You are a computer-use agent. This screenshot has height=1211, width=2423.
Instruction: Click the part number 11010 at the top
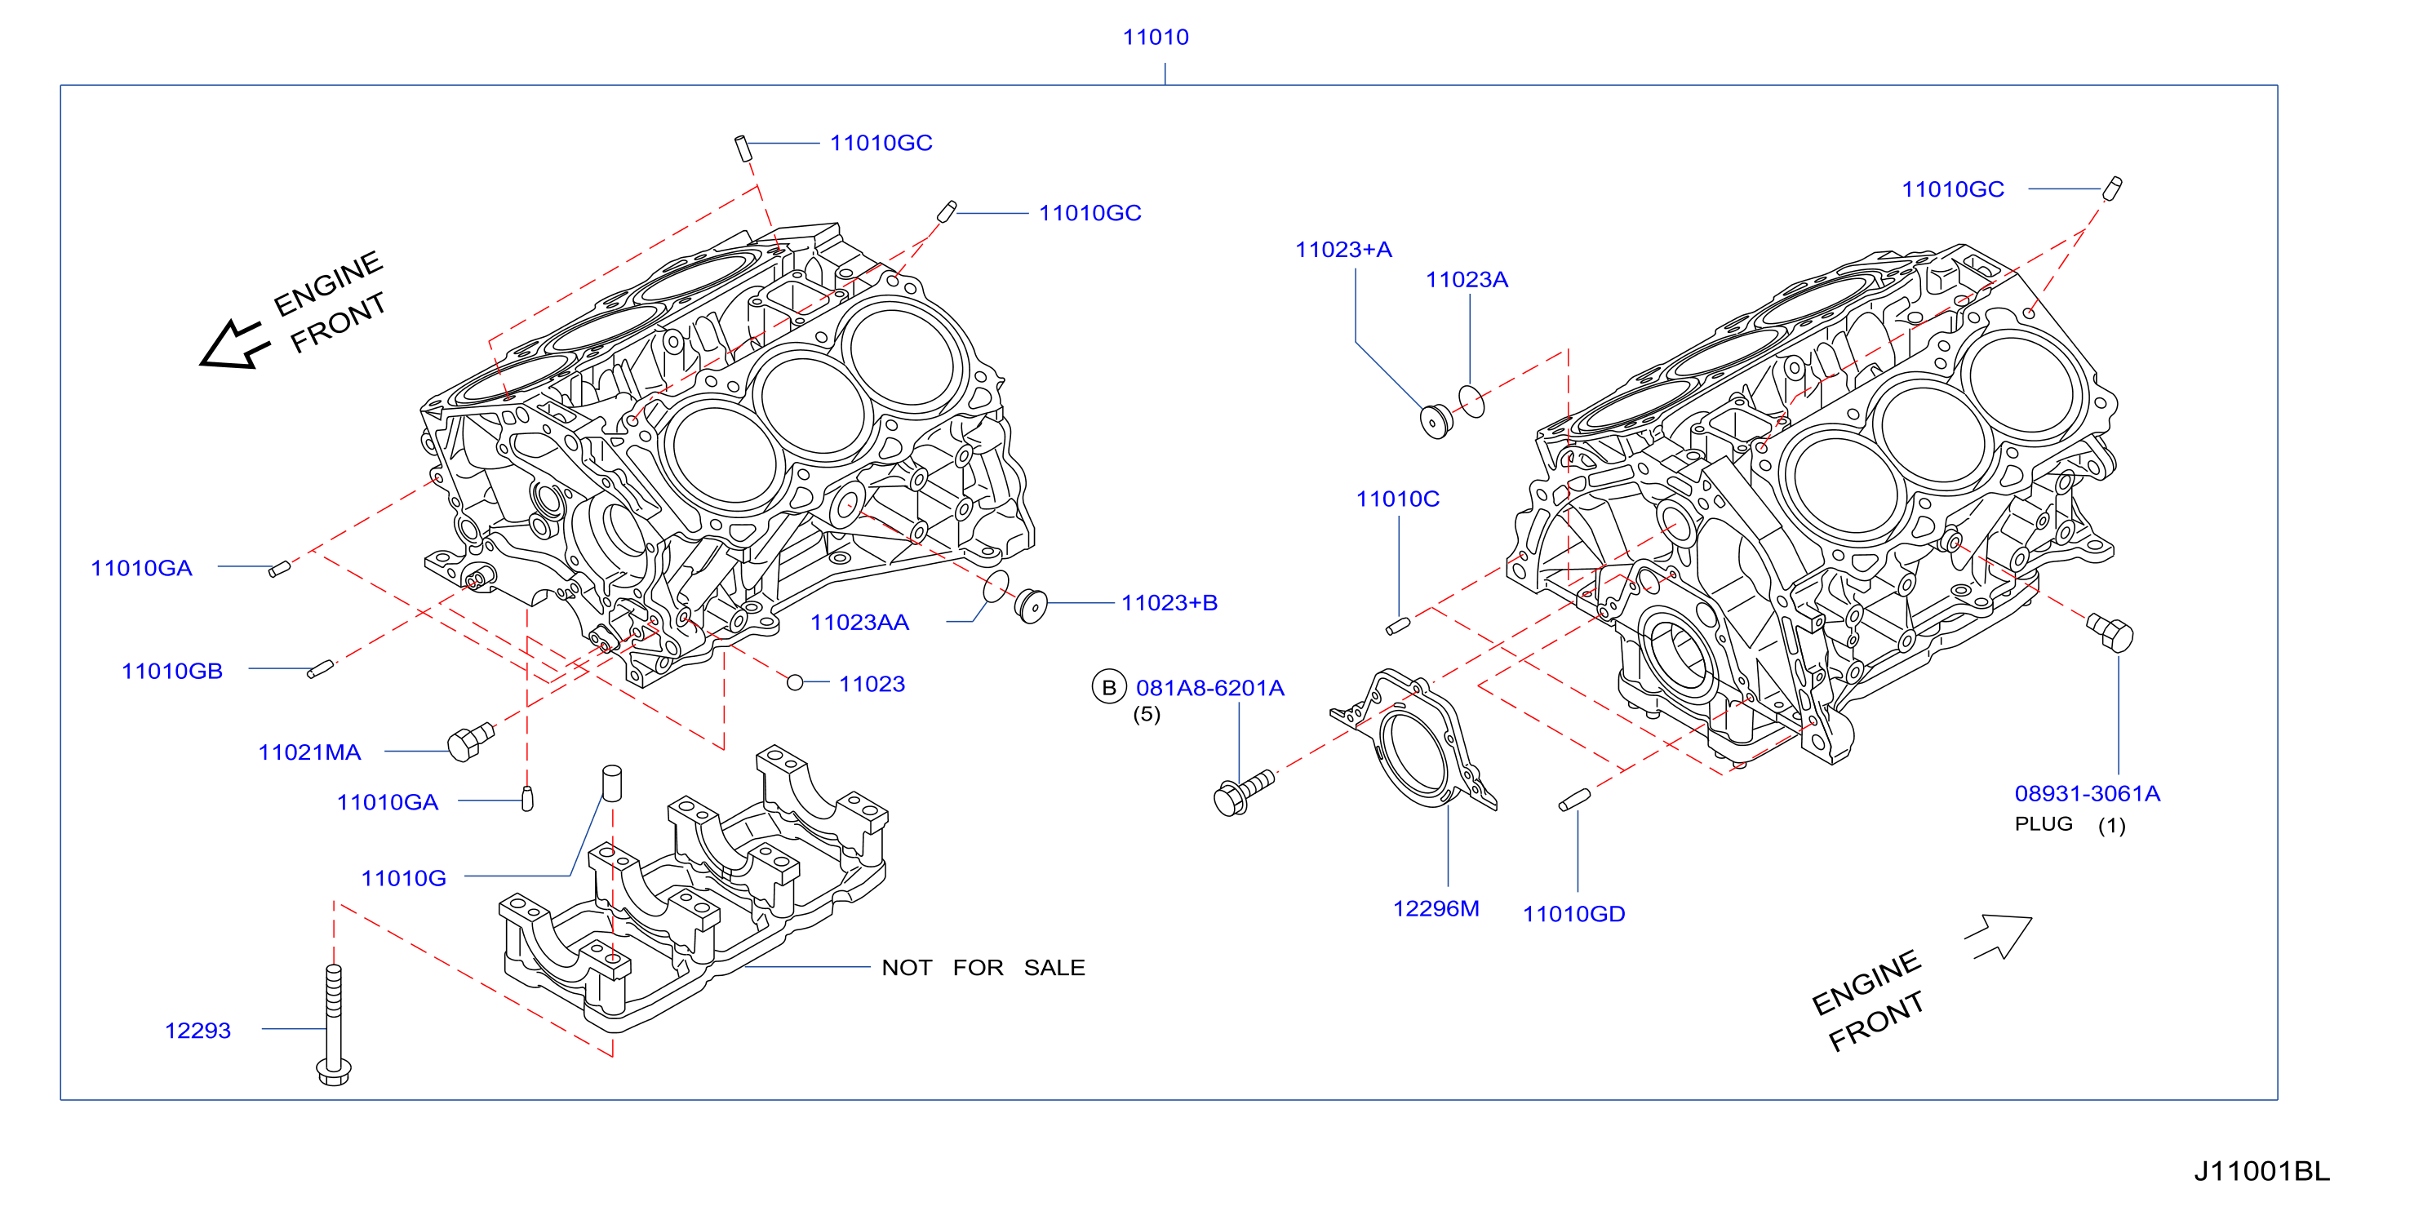[1155, 38]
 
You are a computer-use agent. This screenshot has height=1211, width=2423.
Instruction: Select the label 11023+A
[1343, 250]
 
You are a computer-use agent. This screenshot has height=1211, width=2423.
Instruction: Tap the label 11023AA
[859, 623]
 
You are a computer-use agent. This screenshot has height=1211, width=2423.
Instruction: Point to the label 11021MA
[309, 752]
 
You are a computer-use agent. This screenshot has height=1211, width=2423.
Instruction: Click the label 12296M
[1436, 908]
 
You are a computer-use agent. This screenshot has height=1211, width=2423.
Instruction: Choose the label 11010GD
[1573, 914]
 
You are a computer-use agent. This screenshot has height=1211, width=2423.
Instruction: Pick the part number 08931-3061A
[2088, 793]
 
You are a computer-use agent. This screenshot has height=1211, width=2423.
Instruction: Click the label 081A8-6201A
[1209, 688]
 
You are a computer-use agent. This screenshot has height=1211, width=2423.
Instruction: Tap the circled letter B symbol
[1109, 687]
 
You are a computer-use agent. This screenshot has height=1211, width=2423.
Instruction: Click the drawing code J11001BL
[2262, 1172]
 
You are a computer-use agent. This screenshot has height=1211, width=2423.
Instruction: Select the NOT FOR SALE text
[983, 968]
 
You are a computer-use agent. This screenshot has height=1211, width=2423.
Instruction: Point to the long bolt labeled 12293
[334, 1025]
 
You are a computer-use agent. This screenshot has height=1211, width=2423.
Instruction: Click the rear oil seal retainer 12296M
[1413, 740]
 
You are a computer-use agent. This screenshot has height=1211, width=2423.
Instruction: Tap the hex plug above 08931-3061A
[2110, 632]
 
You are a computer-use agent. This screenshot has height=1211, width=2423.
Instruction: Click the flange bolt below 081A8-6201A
[1244, 792]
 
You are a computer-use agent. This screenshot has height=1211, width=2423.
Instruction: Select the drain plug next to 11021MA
[470, 741]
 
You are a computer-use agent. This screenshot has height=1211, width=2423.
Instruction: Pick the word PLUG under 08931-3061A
[2043, 823]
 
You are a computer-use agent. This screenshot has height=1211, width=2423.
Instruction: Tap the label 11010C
[1397, 499]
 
